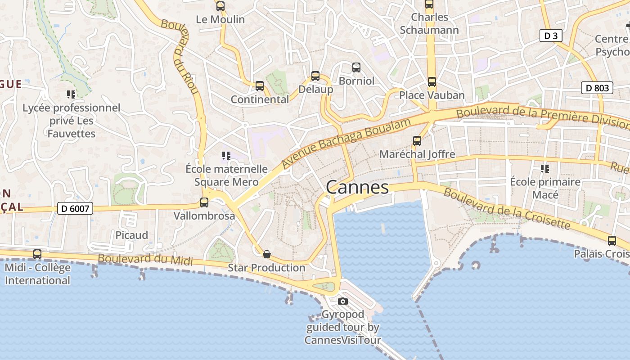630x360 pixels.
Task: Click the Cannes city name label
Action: [357, 187]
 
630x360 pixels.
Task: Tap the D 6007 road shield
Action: [75, 208]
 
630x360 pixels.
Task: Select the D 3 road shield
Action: [551, 36]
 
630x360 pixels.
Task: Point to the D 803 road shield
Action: [598, 88]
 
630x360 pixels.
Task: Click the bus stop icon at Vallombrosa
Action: [204, 202]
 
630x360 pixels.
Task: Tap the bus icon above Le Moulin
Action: [220, 6]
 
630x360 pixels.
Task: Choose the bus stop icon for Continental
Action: [259, 86]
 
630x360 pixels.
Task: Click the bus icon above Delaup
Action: [315, 76]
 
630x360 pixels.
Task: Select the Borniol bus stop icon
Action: [356, 67]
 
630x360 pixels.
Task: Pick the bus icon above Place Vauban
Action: [432, 82]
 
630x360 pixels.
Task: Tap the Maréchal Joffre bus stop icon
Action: [417, 141]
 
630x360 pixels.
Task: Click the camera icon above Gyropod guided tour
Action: [343, 301]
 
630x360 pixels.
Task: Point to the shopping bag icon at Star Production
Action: [267, 254]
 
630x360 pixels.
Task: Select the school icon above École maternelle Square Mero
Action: [226, 156]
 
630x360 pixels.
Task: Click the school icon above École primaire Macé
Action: [545, 169]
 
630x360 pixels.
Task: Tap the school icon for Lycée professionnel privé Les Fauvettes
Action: [71, 94]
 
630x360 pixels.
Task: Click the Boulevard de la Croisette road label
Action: [507, 208]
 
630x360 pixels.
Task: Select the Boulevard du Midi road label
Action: [145, 260]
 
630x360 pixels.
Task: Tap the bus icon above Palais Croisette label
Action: [612, 241]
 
